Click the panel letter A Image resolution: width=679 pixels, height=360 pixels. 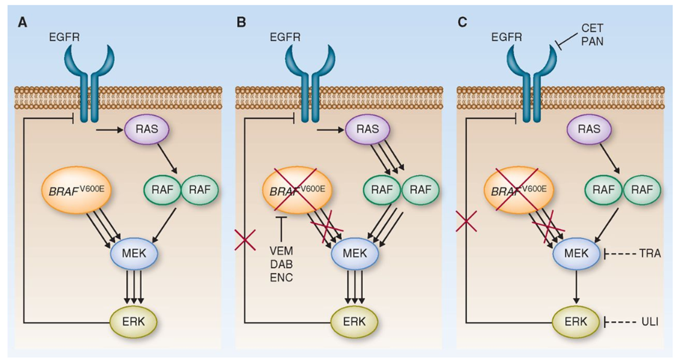click(x=22, y=23)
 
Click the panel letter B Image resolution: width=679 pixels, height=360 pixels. click(x=241, y=23)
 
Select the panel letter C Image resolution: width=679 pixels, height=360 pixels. click(x=463, y=23)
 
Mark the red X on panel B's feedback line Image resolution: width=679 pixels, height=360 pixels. click(x=244, y=240)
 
